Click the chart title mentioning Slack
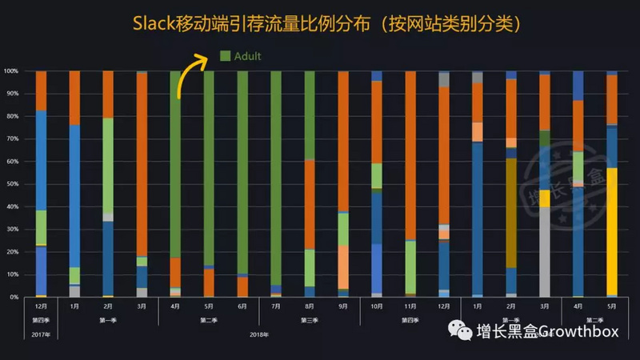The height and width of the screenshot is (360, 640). point(320,25)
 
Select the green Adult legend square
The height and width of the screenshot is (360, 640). point(226,56)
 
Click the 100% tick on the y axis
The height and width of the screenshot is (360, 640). point(12,71)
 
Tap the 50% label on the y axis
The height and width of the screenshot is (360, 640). point(13,184)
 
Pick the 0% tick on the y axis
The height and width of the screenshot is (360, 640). point(14,297)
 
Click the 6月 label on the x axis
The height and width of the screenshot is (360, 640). point(242,306)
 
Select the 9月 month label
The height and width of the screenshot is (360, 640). point(342,306)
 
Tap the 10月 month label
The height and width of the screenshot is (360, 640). point(376,306)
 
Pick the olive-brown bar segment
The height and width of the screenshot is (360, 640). point(510,212)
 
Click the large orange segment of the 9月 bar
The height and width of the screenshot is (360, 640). point(342,140)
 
